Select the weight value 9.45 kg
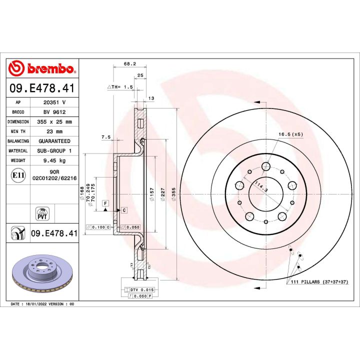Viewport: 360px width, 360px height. (x=54, y=160)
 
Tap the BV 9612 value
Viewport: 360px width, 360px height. (x=54, y=112)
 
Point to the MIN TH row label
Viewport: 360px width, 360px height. (x=18, y=131)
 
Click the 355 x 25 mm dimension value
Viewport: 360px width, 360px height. (x=54, y=121)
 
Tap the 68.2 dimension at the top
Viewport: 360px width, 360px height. (x=129, y=64)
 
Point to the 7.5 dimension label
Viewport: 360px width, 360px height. (x=105, y=137)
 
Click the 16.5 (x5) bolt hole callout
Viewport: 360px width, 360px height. (x=290, y=134)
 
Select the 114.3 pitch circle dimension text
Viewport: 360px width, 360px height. (x=261, y=187)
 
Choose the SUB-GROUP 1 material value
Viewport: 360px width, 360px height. (x=54, y=150)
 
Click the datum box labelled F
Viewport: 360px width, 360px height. (x=105, y=202)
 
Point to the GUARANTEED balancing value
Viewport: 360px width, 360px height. (x=54, y=141)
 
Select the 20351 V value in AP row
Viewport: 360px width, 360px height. (x=54, y=102)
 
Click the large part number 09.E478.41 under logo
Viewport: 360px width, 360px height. (x=42, y=88)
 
